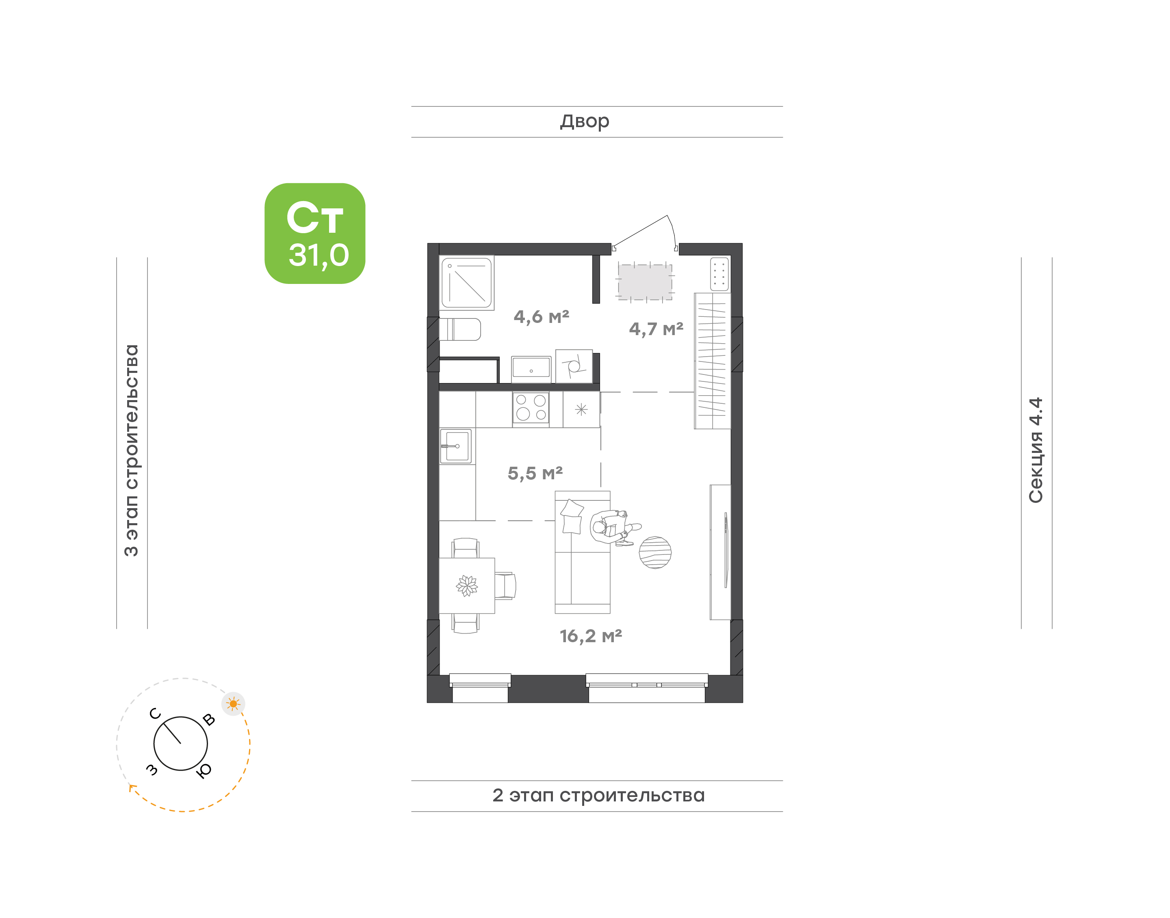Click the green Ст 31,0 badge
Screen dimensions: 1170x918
[x=314, y=233]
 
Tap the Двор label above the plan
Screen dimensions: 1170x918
[x=584, y=121]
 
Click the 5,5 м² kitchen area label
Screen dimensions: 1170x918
[x=535, y=473]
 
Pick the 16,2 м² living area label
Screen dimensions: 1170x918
[x=591, y=636]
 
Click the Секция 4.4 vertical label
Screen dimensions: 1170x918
[x=1035, y=450]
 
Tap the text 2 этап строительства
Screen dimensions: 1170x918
[x=598, y=795]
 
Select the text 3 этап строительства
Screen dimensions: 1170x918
[x=131, y=450]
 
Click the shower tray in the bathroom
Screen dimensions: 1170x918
[x=466, y=283]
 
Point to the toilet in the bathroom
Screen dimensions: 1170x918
[x=460, y=329]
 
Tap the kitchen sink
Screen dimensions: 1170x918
[x=456, y=446]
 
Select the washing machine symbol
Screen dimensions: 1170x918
[x=574, y=366]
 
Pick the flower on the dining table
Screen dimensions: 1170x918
[x=466, y=585]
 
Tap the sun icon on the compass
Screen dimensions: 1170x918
[x=233, y=704]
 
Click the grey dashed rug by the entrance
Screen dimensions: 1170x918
[x=645, y=282]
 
